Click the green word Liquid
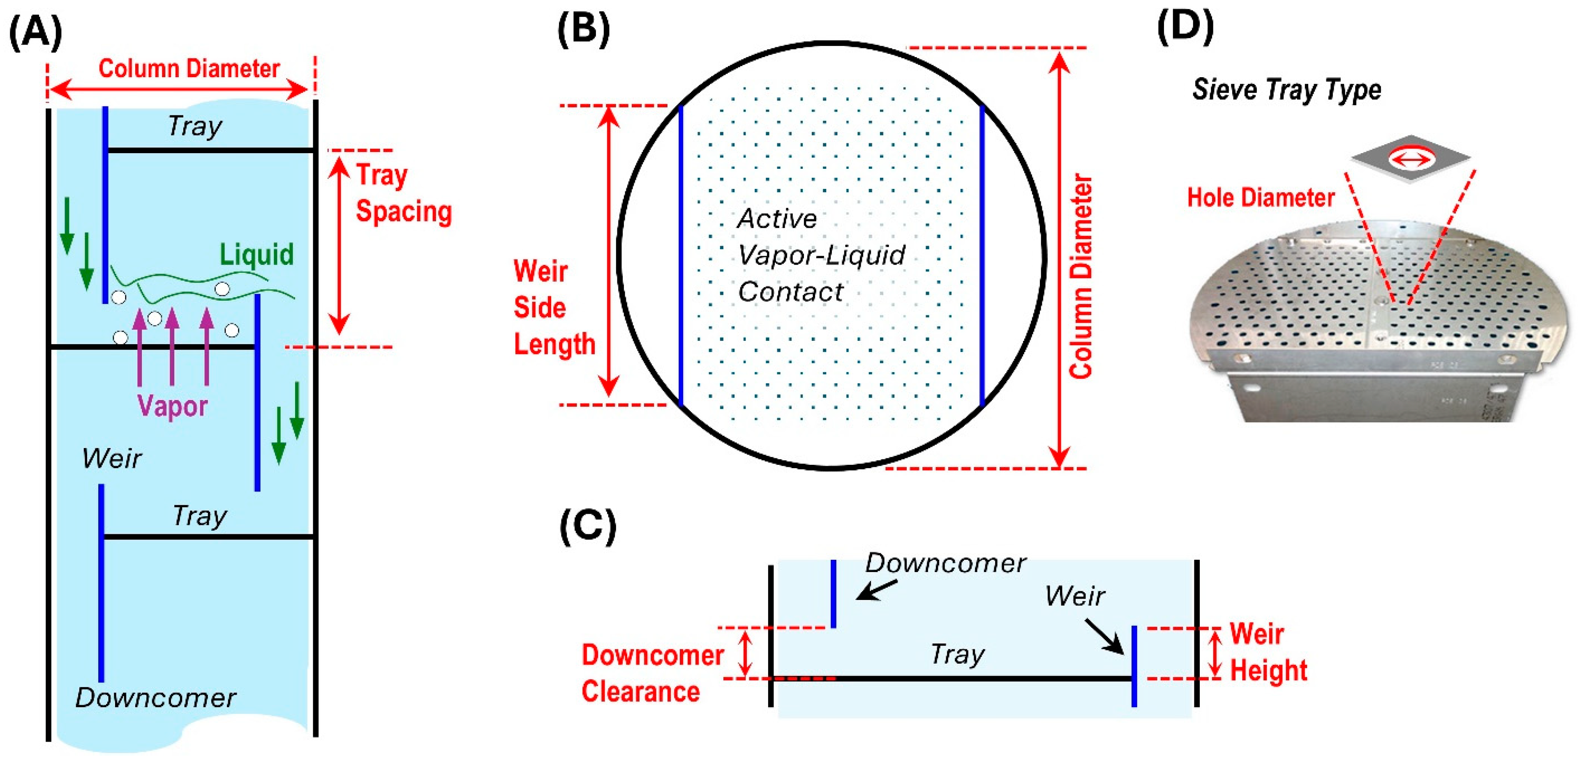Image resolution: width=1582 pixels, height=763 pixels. coord(257,254)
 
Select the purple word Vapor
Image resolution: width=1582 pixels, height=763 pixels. coord(173,406)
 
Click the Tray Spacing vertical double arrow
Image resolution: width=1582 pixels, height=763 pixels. coord(338,246)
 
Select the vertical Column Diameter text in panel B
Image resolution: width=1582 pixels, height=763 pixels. coord(1081,276)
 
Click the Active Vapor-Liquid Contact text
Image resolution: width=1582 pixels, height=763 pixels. coord(820,255)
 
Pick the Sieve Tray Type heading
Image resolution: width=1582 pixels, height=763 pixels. coord(1286,90)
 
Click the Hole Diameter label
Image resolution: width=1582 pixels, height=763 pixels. coord(1260,198)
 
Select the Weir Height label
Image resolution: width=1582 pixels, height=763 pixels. coord(1268,652)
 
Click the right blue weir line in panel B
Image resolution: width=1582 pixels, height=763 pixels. coord(982,255)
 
